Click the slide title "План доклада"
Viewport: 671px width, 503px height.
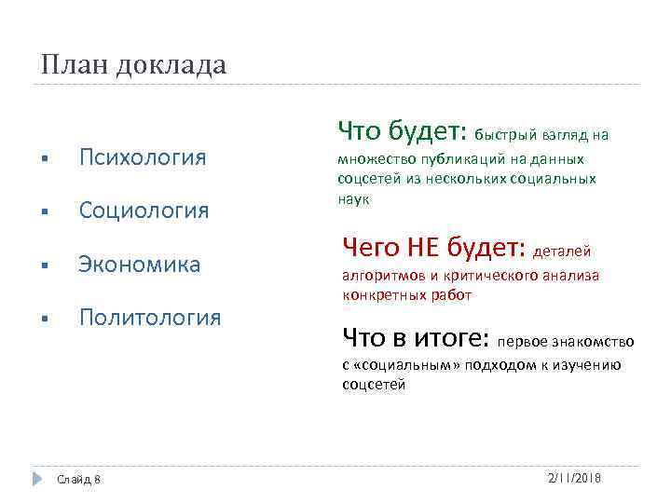134,65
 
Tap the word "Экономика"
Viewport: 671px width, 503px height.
139,264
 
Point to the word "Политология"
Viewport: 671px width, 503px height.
150,318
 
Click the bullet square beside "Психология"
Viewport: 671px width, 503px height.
45,157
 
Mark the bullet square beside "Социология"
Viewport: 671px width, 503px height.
45,211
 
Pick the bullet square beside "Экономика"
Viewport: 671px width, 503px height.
45,265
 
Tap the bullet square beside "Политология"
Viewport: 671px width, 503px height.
45,319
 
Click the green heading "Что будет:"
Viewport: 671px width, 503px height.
403,130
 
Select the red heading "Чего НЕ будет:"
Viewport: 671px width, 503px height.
434,247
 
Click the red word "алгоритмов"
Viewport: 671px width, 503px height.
378,276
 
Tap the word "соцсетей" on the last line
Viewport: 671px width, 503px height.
374,384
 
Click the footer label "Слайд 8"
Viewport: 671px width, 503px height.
79,479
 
